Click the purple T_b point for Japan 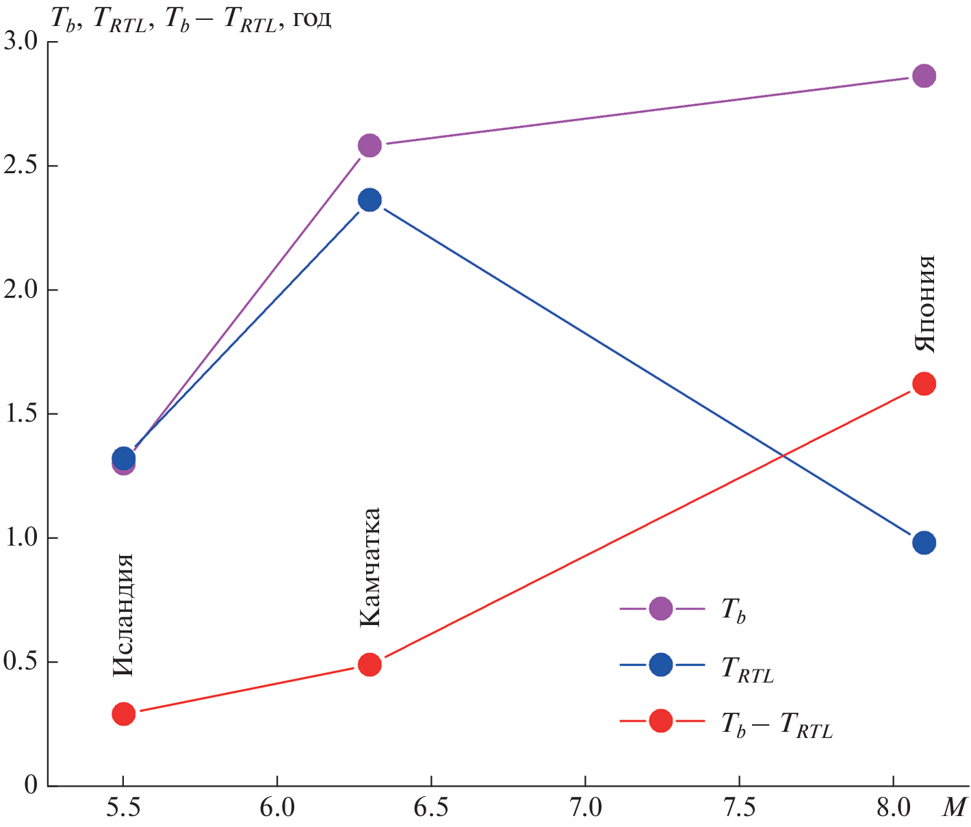point(924,76)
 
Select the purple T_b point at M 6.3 point(370,145)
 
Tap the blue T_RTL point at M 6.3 point(370,200)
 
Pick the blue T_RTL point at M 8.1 point(924,543)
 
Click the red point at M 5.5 point(123,714)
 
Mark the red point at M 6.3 point(370,664)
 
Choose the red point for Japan point(924,384)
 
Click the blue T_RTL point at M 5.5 point(123,457)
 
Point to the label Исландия point(122,615)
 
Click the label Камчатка point(370,568)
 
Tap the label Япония point(924,303)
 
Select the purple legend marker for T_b point(660,608)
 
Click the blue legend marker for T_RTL point(660,664)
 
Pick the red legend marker point(660,720)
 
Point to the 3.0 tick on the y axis point(23,42)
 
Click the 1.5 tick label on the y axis point(23,414)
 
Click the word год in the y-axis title point(312,18)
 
